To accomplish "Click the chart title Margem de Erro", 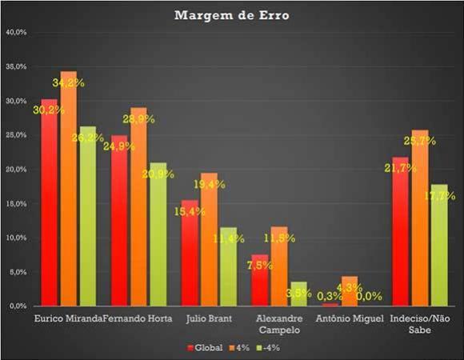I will pyautogui.click(x=232, y=14).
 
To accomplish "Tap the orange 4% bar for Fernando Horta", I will pyautogui.click(x=138, y=207).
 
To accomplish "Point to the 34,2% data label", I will pyautogui.click(x=69, y=82).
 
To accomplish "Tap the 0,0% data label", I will pyautogui.click(x=369, y=296).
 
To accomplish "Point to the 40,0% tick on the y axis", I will pyautogui.click(x=17, y=33).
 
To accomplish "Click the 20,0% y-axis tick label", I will pyautogui.click(x=17, y=170).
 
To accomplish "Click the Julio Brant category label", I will pyautogui.click(x=208, y=318).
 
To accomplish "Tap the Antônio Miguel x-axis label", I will pyautogui.click(x=347, y=318).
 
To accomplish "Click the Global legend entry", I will pyautogui.click(x=206, y=347).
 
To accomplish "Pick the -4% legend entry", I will pyautogui.click(x=267, y=347).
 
